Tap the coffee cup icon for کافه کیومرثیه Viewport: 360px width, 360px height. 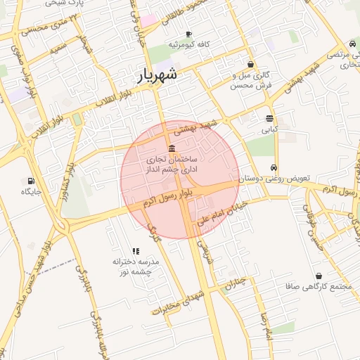[x=188, y=34]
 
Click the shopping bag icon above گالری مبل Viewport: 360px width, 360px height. [x=250, y=64]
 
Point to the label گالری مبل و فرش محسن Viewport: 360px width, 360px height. [x=251, y=79]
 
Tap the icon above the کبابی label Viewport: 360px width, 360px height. [x=270, y=118]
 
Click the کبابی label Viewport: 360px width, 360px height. [x=270, y=129]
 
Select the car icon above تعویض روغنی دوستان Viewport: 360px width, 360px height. [x=274, y=168]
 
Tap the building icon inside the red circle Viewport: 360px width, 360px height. [x=172, y=147]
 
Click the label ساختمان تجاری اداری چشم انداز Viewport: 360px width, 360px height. [x=172, y=165]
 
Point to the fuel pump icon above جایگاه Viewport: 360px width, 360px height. [x=31, y=180]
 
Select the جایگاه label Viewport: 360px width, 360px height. [x=32, y=191]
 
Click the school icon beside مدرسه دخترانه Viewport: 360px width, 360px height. [x=136, y=250]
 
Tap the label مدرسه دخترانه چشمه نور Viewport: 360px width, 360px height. [x=136, y=266]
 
